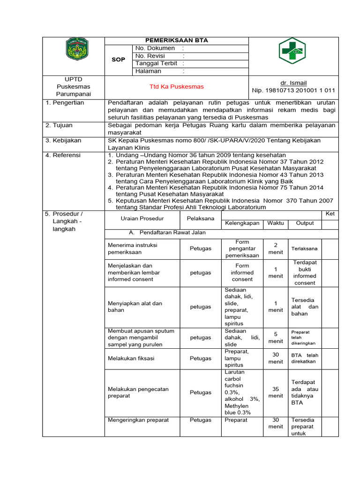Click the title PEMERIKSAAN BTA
(x=177, y=41)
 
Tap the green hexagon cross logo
(x=291, y=51)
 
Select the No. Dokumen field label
(x=155, y=48)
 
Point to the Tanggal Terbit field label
(x=157, y=63)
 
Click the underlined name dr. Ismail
(x=293, y=83)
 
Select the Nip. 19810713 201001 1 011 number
(x=293, y=90)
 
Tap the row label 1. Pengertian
(x=65, y=103)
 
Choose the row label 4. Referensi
(x=63, y=155)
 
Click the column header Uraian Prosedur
(x=142, y=219)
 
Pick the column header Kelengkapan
(x=242, y=223)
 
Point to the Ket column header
(x=330, y=214)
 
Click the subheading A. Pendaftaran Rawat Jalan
(x=167, y=232)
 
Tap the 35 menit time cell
(x=276, y=392)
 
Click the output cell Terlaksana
(x=304, y=248)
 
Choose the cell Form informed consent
(x=242, y=272)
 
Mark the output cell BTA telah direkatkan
(x=305, y=359)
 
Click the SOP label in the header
(x=118, y=60)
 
